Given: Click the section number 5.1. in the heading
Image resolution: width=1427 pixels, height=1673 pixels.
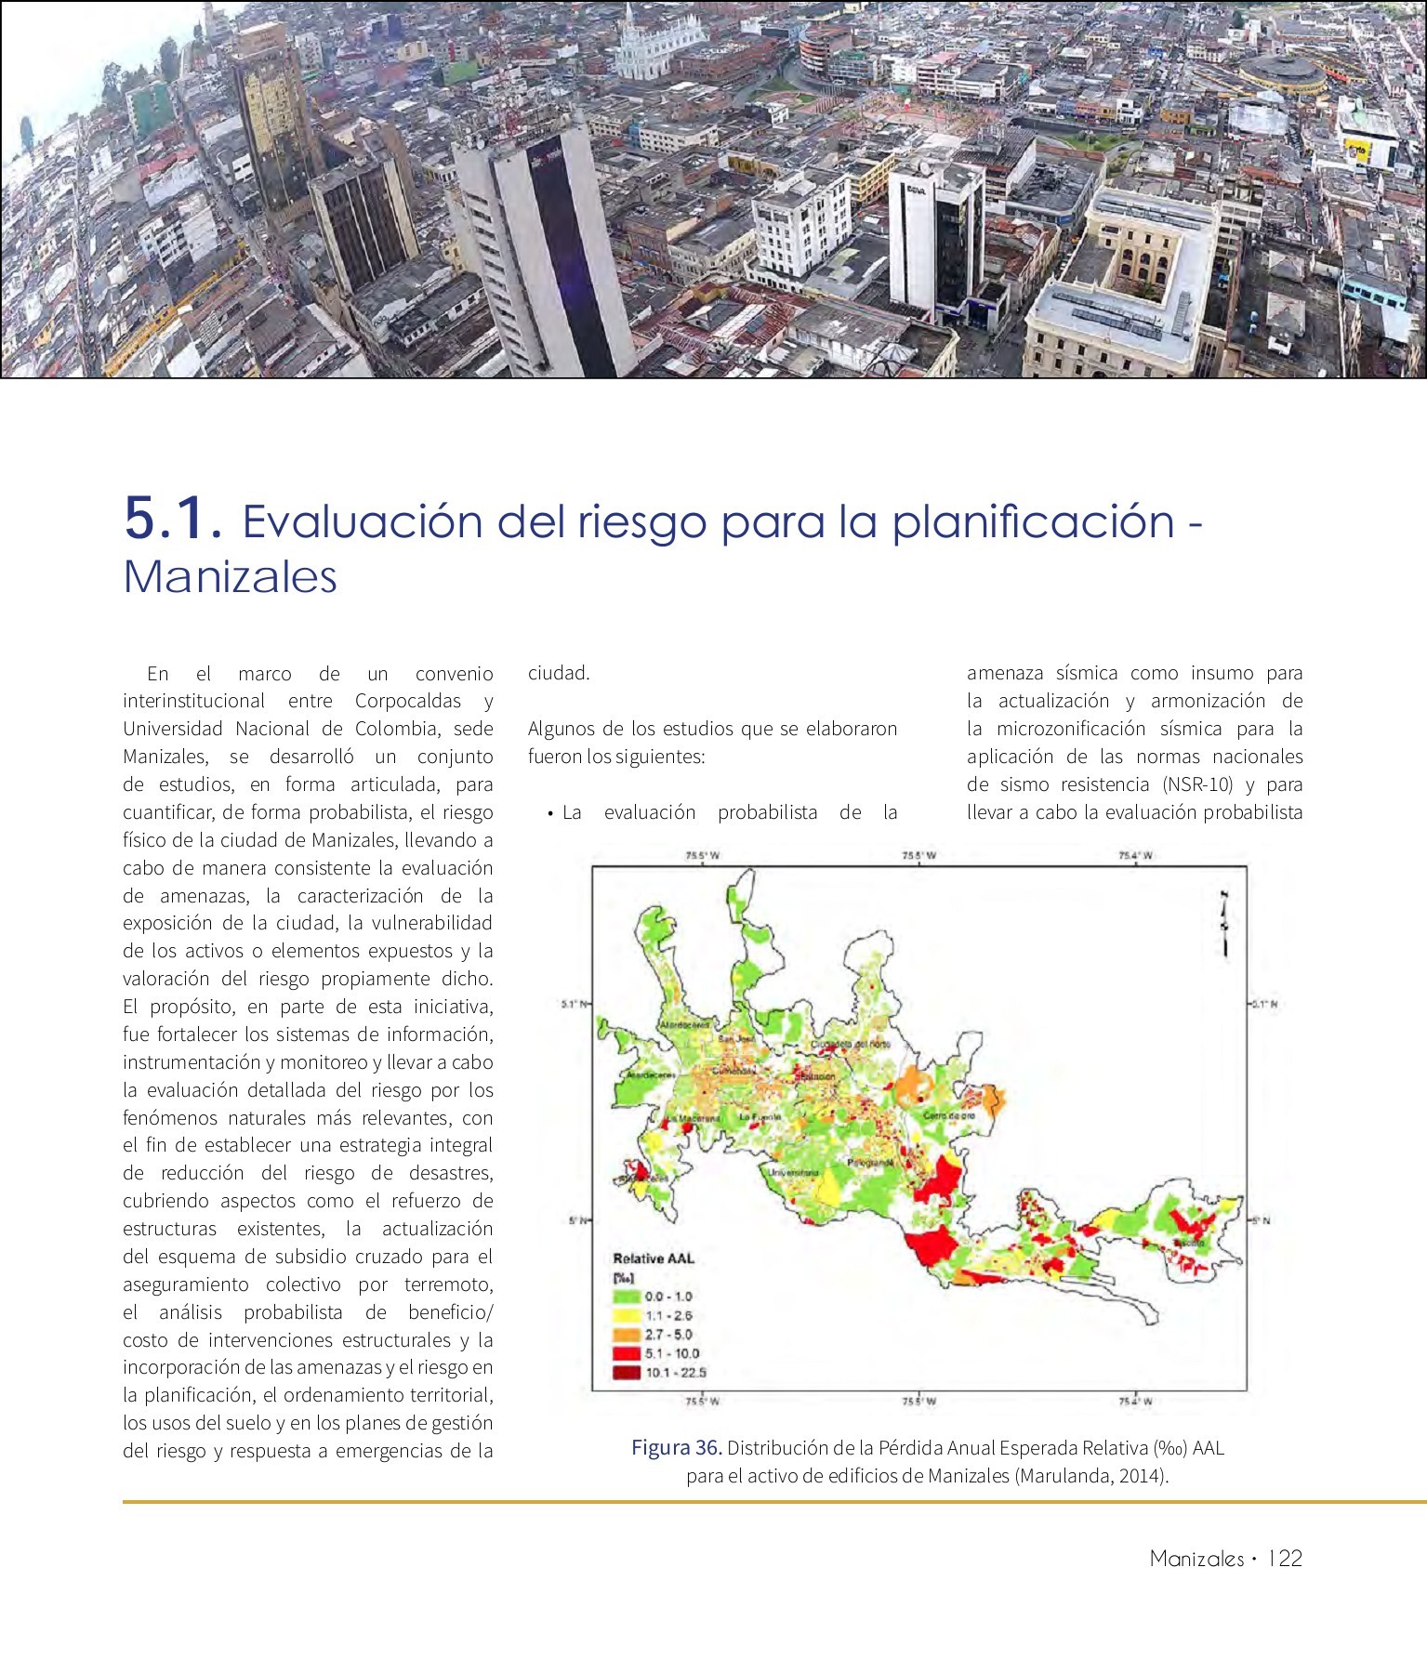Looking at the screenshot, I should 173,520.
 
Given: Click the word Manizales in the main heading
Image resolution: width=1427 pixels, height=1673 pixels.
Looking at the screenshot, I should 231,577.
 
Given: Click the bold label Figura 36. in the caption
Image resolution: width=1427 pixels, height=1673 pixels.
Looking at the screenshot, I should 677,1447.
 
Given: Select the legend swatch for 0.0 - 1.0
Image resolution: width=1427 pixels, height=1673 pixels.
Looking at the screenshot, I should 627,1296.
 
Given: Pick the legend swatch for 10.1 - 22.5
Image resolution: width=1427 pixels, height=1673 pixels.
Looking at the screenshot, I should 627,1373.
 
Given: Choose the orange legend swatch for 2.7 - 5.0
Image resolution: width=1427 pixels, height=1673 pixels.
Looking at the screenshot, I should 627,1334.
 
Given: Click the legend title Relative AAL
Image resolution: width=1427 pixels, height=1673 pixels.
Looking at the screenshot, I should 654,1258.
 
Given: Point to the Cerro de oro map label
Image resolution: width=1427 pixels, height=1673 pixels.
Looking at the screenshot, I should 949,1114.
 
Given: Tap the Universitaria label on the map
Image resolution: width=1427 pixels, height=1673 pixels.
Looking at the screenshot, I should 793,1172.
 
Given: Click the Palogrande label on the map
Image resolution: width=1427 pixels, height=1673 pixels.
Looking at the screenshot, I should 870,1163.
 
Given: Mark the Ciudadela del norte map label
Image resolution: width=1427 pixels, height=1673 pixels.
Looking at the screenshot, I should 851,1044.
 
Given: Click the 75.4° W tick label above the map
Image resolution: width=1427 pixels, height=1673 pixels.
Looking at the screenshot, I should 1135,856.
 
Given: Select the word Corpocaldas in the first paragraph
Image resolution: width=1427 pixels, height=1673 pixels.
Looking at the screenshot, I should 408,701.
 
